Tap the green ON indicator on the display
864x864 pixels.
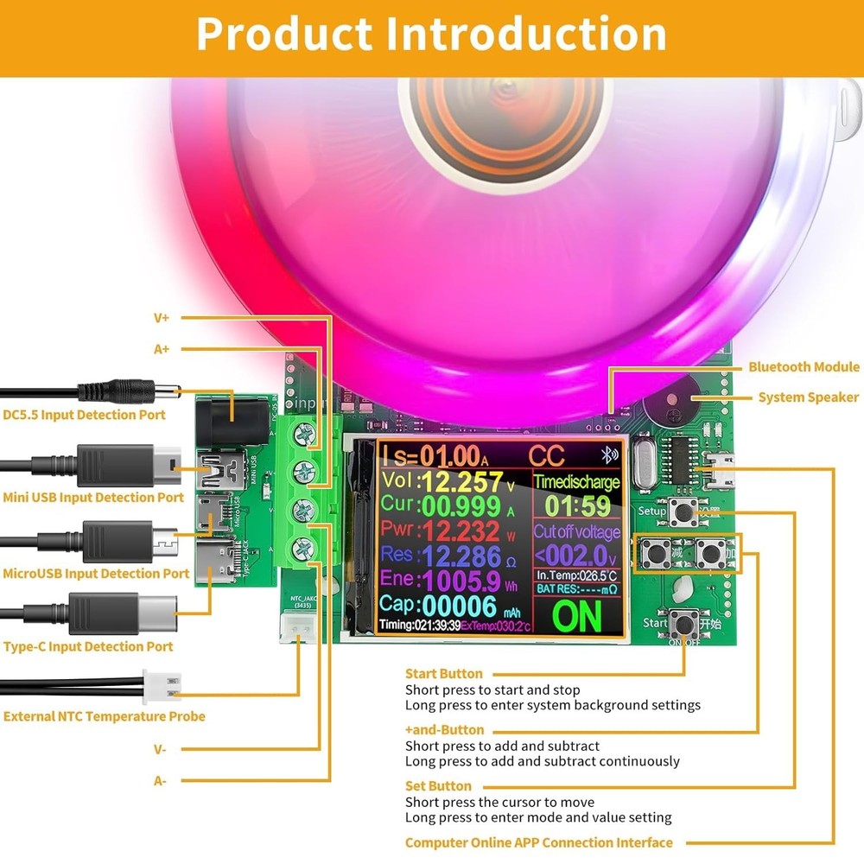pos(576,615)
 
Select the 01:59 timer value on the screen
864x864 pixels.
pos(576,505)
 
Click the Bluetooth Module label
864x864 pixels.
pos(804,367)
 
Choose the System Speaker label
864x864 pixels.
pos(809,397)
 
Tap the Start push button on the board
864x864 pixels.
pos(686,621)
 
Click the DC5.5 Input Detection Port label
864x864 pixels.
pos(84,415)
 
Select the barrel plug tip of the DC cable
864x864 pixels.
pos(169,390)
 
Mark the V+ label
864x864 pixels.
pos(162,318)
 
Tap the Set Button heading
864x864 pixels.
pos(438,786)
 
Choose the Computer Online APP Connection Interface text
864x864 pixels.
pos(538,842)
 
